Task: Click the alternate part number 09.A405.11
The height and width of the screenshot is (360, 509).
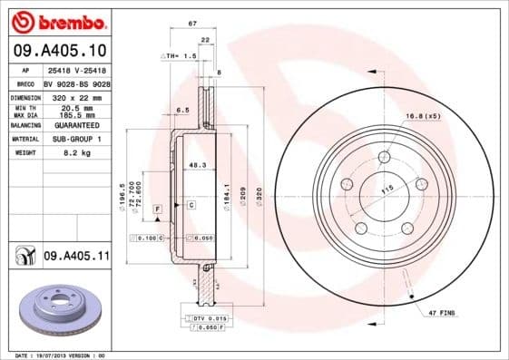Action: click(75, 258)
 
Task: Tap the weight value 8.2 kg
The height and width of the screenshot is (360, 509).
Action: click(63, 153)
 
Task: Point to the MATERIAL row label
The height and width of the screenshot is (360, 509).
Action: click(24, 139)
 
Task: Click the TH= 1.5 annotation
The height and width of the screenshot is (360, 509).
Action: click(182, 55)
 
